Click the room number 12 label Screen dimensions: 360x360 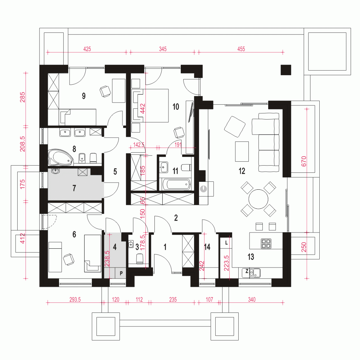pos(242,171)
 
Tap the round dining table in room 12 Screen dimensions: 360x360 pos(258,199)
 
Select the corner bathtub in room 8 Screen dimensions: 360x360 pos(60,158)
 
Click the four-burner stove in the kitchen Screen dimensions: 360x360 pos(266,244)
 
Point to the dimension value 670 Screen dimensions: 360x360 pos(304,161)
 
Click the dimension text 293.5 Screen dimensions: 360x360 pos(75,300)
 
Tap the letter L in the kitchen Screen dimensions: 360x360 pos(226,243)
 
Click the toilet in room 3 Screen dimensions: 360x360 pos(140,259)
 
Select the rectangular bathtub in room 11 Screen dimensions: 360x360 pos(176,184)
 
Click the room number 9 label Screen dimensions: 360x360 pos(84,96)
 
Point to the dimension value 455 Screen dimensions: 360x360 pos(241,49)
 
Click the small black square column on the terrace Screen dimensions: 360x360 pos(286,70)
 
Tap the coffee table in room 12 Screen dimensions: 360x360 pos(242,152)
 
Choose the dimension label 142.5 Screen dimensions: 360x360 pos(139,145)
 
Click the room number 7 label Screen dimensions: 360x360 pos(74,188)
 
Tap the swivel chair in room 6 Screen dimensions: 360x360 pos(69,260)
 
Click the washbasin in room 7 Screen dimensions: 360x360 pos(55,171)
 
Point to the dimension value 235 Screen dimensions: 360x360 pos(173,300)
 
